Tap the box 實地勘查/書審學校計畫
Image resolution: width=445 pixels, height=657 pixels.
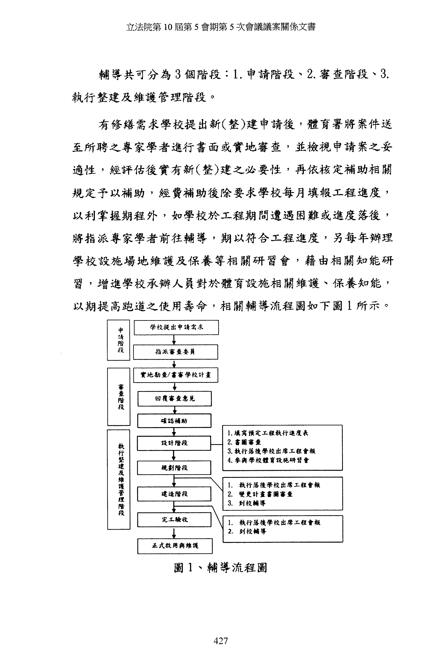tap(176, 375)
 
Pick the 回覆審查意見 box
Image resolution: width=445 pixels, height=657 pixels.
tap(174, 399)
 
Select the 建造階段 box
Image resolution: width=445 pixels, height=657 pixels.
tap(174, 494)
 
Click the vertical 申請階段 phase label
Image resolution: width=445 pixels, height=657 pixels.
tap(118, 340)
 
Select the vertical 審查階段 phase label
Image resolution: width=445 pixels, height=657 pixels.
tap(119, 396)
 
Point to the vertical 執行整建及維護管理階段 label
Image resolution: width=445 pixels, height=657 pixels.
tap(119, 479)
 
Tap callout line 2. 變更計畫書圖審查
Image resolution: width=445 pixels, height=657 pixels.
tap(260, 494)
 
